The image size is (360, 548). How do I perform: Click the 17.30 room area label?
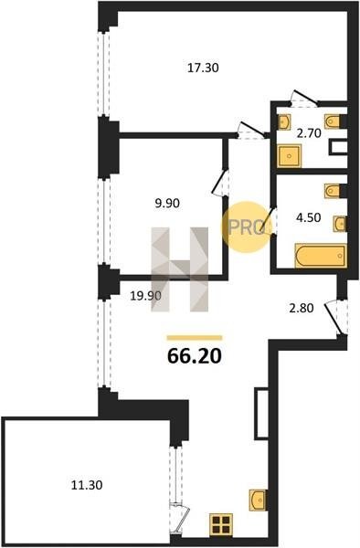pyautogui.click(x=203, y=68)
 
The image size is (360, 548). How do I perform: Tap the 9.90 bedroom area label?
pyautogui.click(x=167, y=203)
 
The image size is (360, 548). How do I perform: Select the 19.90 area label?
pyautogui.click(x=146, y=296)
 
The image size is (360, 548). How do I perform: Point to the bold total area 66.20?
pyautogui.click(x=195, y=356)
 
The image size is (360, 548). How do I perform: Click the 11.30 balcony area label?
pyautogui.click(x=87, y=486)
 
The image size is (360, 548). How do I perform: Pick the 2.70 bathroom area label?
pyautogui.click(x=309, y=133)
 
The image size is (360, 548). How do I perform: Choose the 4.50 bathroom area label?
pyautogui.click(x=308, y=217)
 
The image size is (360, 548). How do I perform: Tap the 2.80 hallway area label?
pyautogui.click(x=301, y=309)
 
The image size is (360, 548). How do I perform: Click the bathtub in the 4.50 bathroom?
pyautogui.click(x=321, y=256)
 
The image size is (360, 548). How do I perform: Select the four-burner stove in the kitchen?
pyautogui.click(x=221, y=524)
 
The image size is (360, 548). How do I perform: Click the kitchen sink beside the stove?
pyautogui.click(x=258, y=501)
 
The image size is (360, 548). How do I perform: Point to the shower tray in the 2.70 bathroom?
pyautogui.click(x=289, y=156)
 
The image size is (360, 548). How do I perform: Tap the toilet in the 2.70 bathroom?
pyautogui.click(x=334, y=121)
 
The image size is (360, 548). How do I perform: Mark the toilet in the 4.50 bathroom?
pyautogui.click(x=334, y=191)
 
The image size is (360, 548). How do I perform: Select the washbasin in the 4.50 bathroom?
pyautogui.click(x=340, y=224)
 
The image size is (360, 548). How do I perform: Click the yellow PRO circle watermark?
pyautogui.click(x=247, y=227)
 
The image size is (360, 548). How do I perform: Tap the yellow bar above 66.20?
pyautogui.click(x=195, y=338)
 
